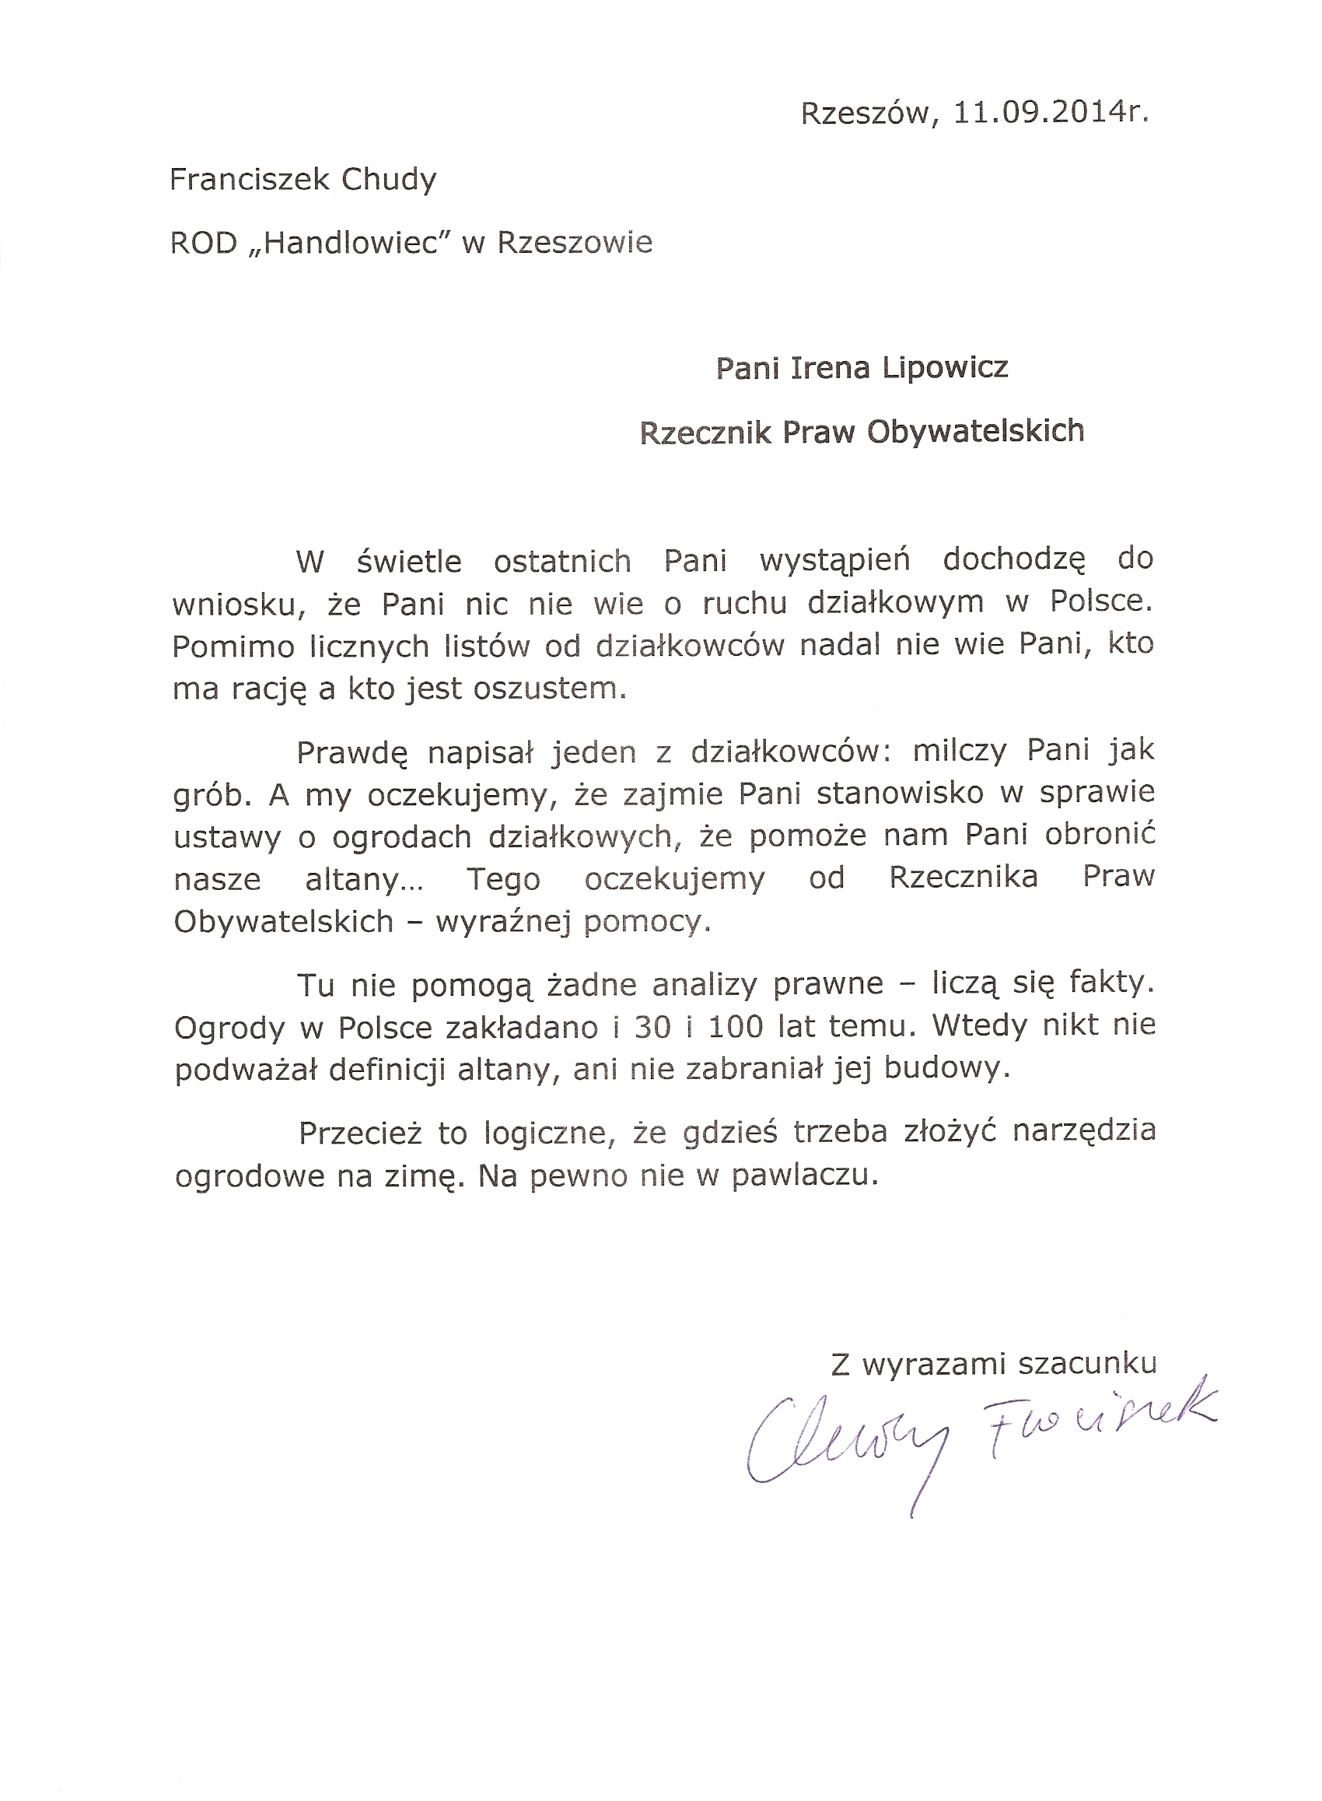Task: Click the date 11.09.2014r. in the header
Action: click(1051, 114)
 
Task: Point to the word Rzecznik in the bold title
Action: click(705, 433)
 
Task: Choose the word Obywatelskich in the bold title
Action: click(975, 433)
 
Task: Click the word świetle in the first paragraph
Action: click(409, 562)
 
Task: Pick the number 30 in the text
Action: click(652, 1027)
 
